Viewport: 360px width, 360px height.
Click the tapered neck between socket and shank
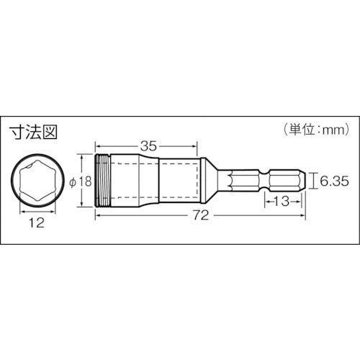point(212,180)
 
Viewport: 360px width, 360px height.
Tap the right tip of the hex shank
point(310,180)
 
